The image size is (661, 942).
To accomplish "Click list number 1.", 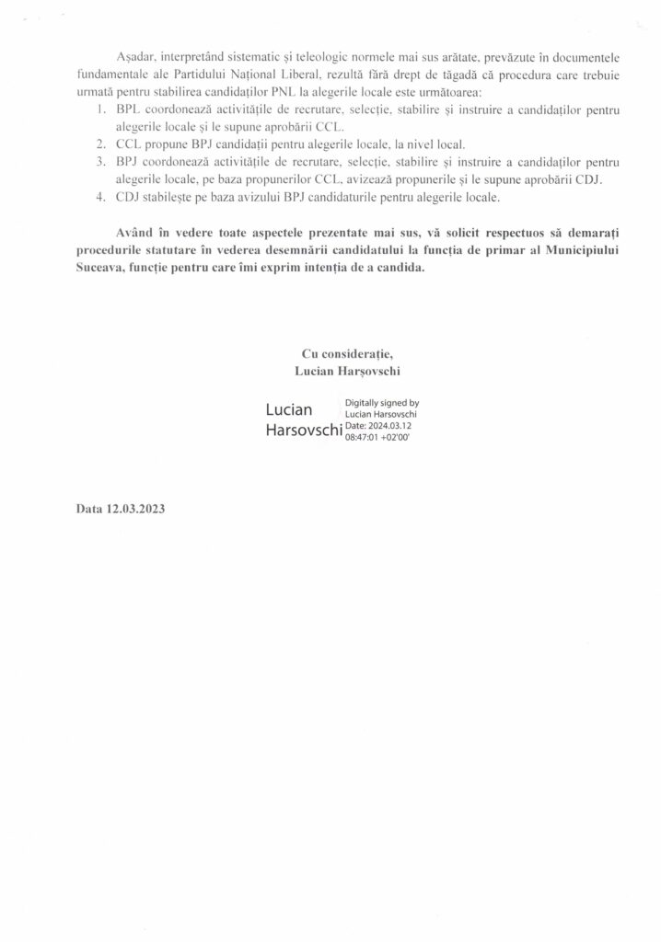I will point(100,110).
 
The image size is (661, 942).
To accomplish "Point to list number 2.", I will point(100,144).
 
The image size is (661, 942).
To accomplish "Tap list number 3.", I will point(100,162).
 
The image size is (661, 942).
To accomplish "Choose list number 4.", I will point(100,196).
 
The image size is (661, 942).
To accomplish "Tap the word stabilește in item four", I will point(167,196).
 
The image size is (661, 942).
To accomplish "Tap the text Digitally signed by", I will point(382,403).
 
